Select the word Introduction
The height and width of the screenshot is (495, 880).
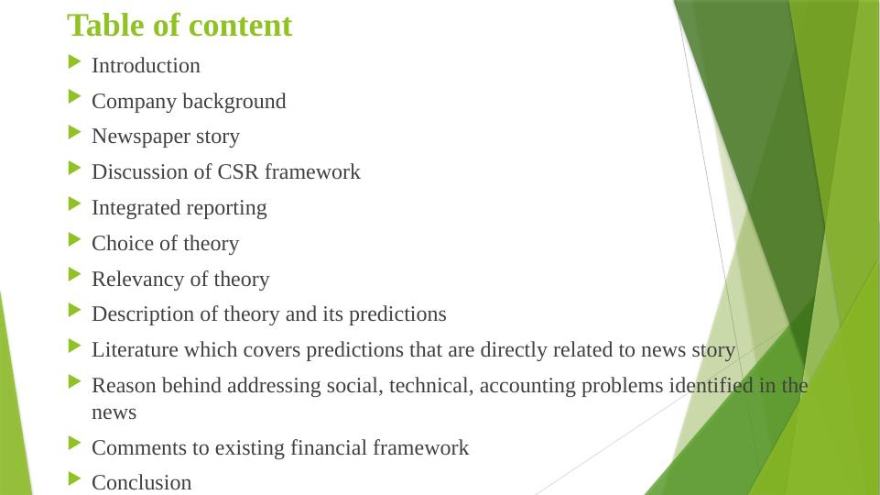pos(146,66)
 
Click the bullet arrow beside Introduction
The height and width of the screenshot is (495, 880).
pos(75,61)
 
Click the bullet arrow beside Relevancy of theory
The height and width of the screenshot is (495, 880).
pos(75,275)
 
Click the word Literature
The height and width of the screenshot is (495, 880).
pos(135,350)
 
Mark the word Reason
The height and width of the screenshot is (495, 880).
pos(124,386)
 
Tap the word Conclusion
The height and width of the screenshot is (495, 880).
pos(141,483)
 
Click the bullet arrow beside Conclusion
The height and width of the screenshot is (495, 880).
pos(75,478)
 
